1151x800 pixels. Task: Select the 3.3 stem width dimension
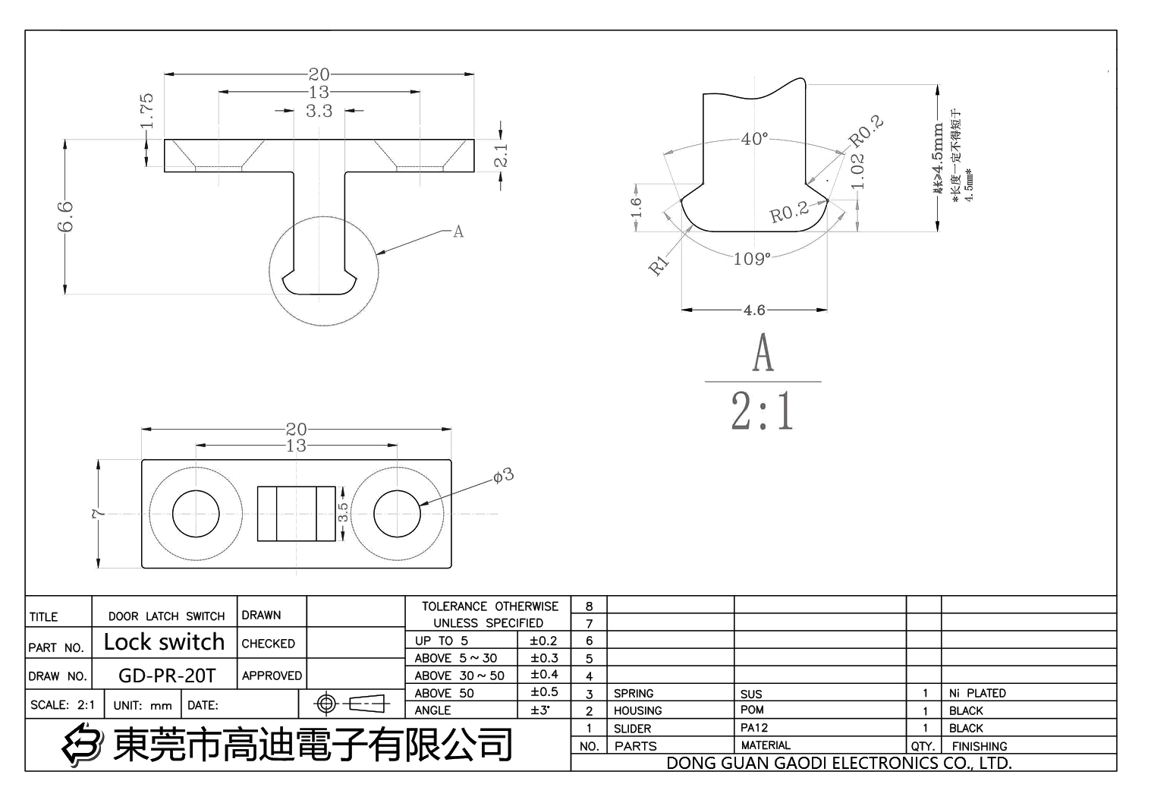click(x=319, y=111)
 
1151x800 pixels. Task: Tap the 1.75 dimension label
click(x=146, y=110)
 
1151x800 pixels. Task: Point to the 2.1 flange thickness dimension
click(x=501, y=156)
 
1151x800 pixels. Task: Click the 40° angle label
click(x=753, y=139)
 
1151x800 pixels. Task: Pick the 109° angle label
click(x=751, y=259)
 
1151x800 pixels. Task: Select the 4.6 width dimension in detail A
click(x=754, y=310)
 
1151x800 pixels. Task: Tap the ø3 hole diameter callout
click(x=503, y=475)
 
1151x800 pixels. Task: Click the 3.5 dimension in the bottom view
click(x=343, y=512)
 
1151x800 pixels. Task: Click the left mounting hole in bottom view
click(x=195, y=514)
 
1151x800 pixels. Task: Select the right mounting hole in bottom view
click(x=396, y=514)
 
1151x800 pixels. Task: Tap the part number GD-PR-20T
click(x=167, y=676)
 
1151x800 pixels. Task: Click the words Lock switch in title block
click(x=164, y=642)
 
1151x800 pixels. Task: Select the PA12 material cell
click(x=754, y=727)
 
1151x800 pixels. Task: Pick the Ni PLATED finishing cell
click(x=977, y=693)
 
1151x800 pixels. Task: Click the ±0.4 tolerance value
click(x=544, y=675)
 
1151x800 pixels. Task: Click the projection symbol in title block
click(x=351, y=704)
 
